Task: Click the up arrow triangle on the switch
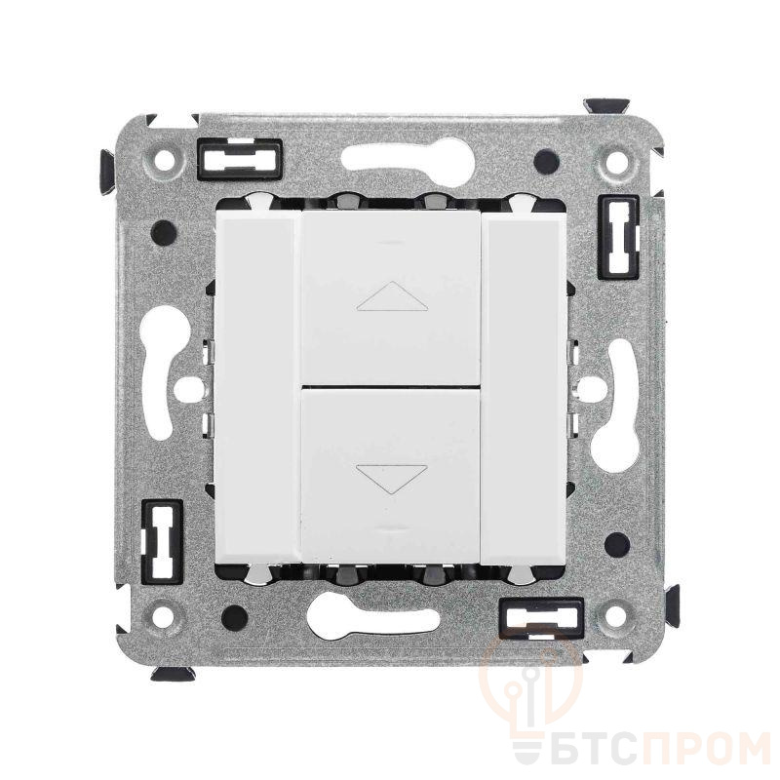click(x=392, y=296)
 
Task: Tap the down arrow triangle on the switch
click(x=392, y=479)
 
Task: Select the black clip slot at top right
click(x=618, y=236)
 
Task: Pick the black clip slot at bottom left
click(x=162, y=541)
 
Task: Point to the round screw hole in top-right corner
click(x=617, y=162)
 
